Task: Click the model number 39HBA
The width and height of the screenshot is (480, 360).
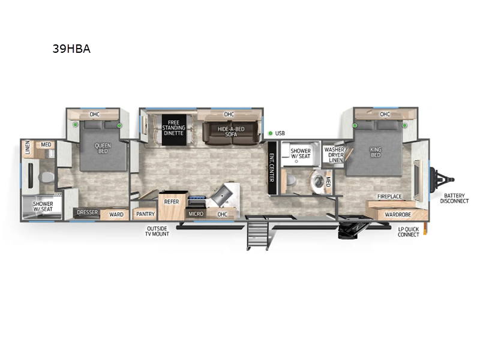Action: point(71,50)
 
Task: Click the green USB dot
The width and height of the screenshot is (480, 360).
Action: point(270,133)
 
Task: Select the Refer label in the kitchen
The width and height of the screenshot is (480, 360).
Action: point(172,202)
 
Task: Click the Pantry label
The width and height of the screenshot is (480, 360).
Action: point(145,214)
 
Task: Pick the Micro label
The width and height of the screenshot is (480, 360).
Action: point(196,214)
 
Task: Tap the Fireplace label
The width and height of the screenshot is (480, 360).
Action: point(389,196)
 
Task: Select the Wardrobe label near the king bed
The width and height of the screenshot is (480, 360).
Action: point(398,214)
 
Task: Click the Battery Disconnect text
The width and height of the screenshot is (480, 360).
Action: point(455,199)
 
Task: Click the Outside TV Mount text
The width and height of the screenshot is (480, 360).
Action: point(158,231)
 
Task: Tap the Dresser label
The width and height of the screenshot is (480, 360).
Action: point(87,213)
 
